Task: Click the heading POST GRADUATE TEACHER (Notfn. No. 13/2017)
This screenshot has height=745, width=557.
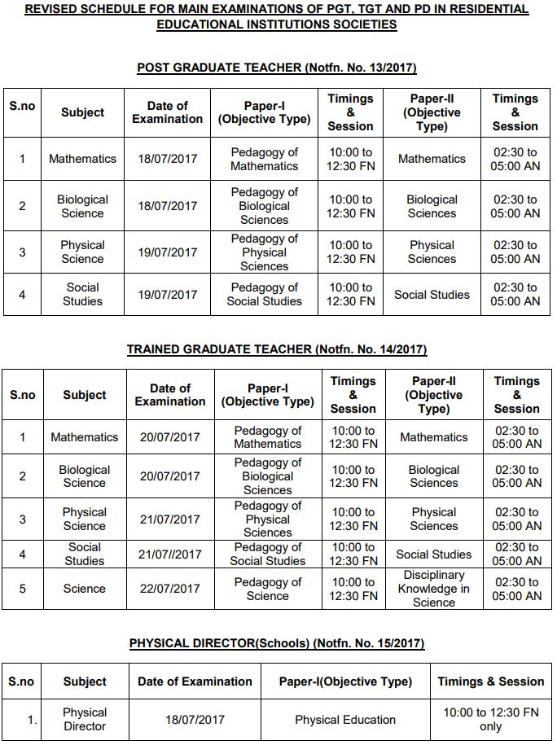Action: [x=277, y=68]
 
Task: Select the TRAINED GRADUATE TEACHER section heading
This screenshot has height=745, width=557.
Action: [x=277, y=349]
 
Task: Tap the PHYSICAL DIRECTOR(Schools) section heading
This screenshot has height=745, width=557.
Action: [x=277, y=643]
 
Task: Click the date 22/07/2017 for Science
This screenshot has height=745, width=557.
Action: [x=169, y=589]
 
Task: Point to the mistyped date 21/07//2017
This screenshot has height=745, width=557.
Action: [x=169, y=554]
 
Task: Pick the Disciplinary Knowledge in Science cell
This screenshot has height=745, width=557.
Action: [x=434, y=589]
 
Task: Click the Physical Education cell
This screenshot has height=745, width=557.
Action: [x=345, y=720]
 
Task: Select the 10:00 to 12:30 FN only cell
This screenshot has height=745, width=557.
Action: [x=490, y=720]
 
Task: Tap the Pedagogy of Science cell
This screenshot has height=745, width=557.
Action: [x=268, y=589]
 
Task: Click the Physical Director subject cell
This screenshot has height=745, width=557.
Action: [x=85, y=720]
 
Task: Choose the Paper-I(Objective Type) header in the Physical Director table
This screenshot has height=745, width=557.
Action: [x=345, y=681]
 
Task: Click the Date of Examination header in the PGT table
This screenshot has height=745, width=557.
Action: [x=167, y=112]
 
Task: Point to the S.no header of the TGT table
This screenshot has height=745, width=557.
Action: [x=23, y=395]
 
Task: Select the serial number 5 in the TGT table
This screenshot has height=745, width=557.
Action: [x=23, y=589]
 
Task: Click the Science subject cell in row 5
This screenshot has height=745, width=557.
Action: [x=85, y=589]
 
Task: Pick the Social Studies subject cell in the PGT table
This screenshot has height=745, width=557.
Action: [x=82, y=295]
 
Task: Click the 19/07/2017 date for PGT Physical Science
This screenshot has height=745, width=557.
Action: [x=167, y=252]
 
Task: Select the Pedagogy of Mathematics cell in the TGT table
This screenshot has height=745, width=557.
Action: [x=268, y=437]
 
